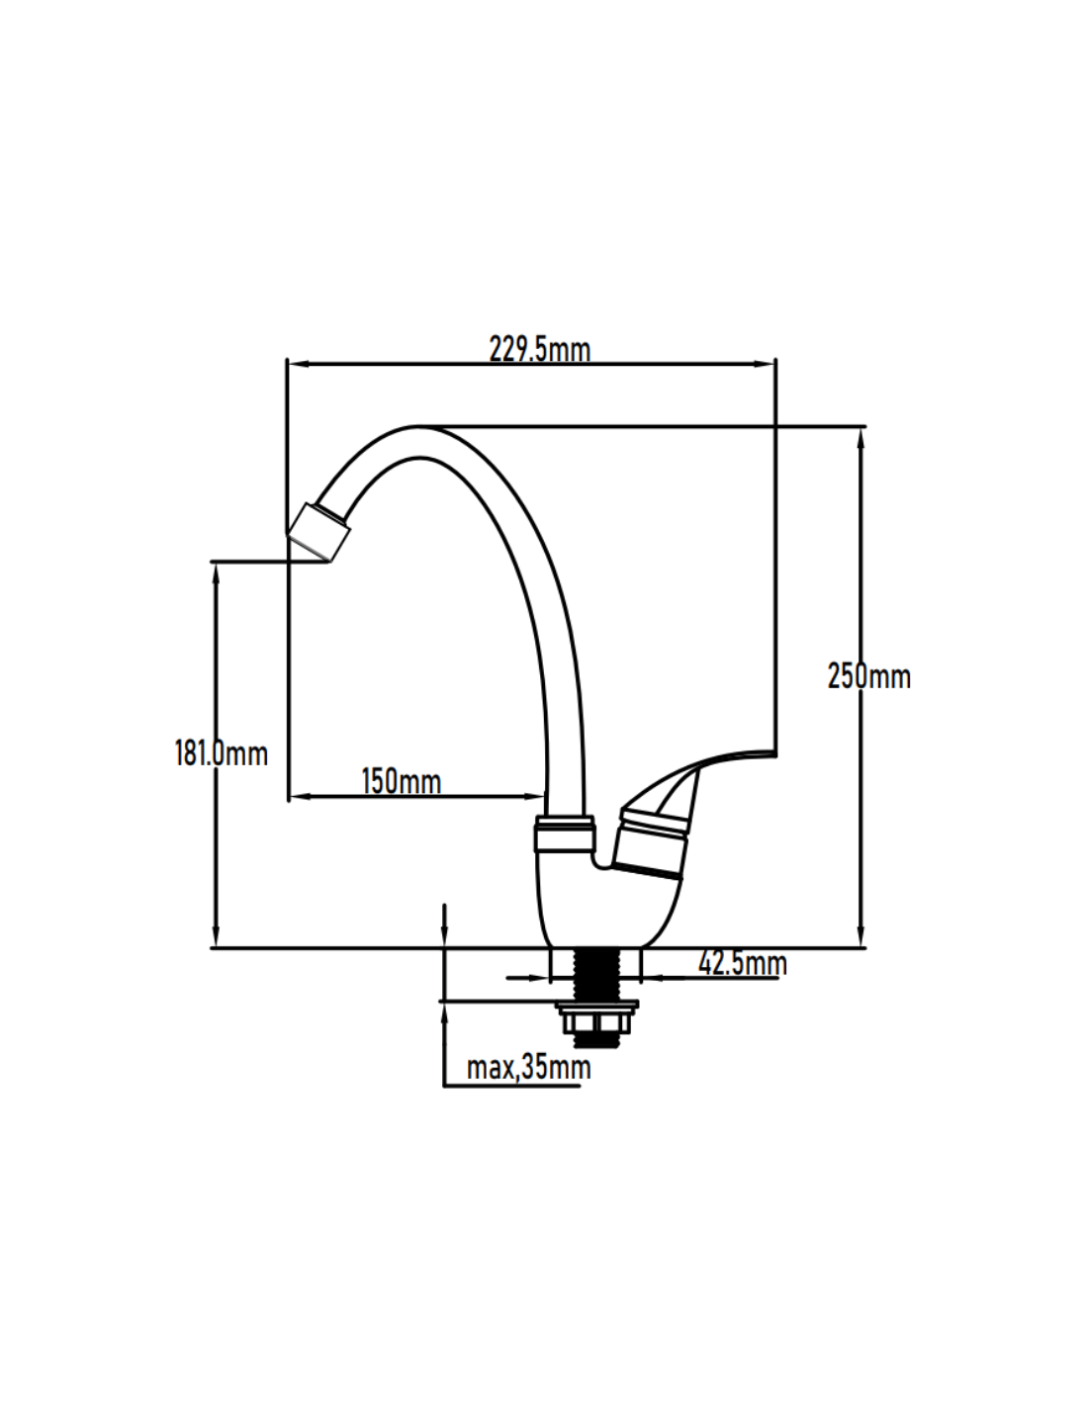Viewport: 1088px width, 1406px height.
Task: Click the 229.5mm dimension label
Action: (539, 349)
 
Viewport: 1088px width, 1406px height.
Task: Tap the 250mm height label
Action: (868, 676)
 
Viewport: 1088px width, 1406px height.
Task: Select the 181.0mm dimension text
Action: (221, 753)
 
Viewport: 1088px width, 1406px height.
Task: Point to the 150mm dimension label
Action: (401, 781)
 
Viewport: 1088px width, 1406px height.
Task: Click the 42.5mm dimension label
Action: (742, 962)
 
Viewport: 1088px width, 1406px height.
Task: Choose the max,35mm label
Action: (528, 1068)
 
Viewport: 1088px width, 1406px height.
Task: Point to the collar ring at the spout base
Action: (564, 835)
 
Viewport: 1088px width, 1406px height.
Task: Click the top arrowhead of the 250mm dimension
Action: (861, 435)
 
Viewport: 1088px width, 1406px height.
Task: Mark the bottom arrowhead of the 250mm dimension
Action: (861, 939)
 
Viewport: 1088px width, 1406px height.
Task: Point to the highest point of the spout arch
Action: (415, 428)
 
